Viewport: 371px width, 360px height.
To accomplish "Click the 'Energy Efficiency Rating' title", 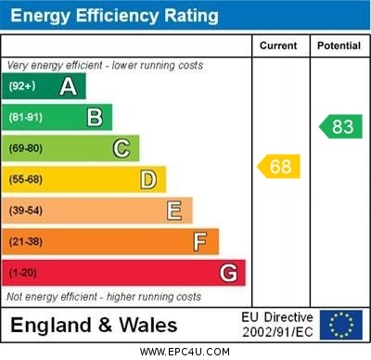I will point(114,16).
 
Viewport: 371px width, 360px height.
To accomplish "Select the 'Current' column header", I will point(278,45).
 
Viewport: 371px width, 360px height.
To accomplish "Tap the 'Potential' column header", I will point(338,45).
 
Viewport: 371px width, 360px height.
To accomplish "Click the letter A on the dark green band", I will point(68,86).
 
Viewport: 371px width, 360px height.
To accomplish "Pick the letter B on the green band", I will point(95,117).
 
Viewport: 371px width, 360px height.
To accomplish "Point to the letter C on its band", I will point(122,148).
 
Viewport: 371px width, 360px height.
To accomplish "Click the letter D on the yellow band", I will point(148,179).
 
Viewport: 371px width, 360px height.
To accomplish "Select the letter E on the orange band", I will point(174,211).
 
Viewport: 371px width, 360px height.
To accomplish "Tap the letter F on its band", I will point(200,241).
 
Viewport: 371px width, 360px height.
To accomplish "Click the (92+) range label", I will point(23,86).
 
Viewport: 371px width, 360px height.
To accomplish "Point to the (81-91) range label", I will point(26,117).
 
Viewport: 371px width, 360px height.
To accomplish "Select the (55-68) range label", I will point(26,179).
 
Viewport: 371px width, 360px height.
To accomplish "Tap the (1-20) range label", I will point(23,273).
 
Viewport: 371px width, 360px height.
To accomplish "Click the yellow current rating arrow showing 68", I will point(279,167).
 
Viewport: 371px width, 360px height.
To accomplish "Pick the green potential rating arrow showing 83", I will point(339,126).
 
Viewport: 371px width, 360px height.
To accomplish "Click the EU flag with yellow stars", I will point(340,325).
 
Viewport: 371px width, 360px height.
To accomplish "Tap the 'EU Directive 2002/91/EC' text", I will point(277,325).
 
